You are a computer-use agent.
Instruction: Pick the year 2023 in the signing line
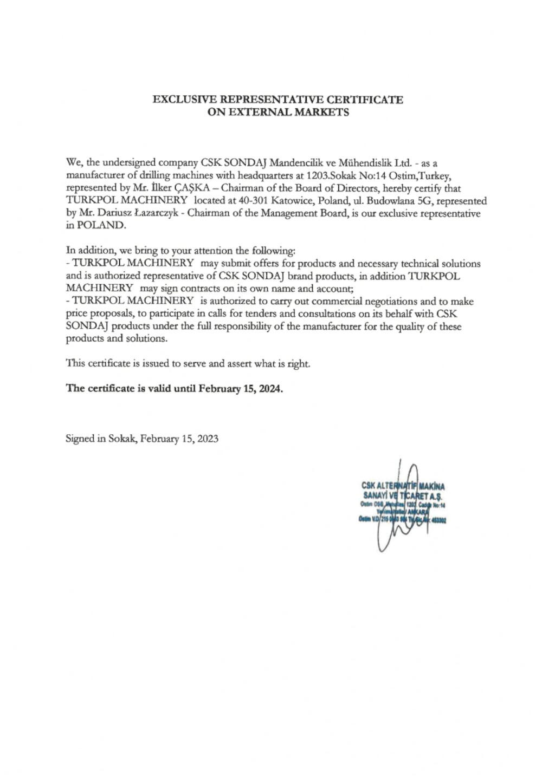tap(208, 439)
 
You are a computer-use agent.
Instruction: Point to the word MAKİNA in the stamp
tap(431, 487)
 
